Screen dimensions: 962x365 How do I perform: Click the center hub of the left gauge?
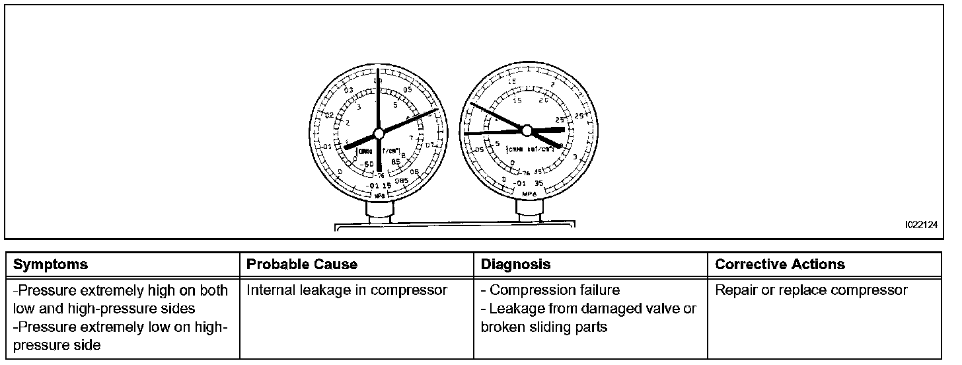click(379, 134)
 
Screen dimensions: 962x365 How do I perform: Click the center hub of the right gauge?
click(527, 130)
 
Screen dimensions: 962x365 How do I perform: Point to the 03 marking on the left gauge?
click(349, 90)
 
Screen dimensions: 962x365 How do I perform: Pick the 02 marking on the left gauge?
click(330, 115)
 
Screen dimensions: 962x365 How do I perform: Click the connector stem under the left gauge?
click(379, 213)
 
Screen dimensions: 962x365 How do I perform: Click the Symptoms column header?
click(50, 264)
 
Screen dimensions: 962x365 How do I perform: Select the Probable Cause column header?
click(302, 264)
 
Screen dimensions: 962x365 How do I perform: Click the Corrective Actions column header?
click(780, 264)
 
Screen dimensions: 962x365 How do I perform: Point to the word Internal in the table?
click(270, 290)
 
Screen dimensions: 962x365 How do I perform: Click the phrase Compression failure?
click(555, 290)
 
